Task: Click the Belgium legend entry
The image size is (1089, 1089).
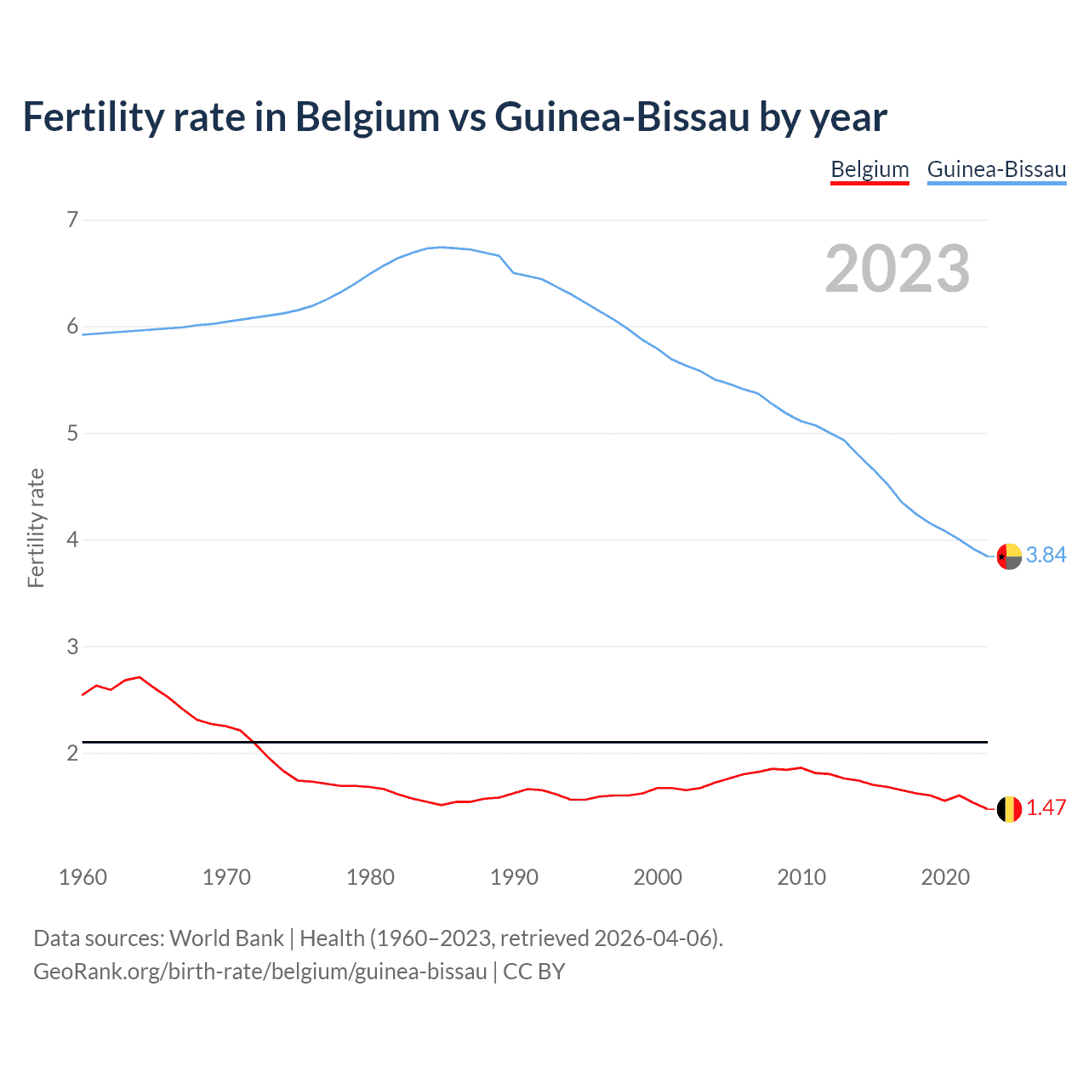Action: point(869,169)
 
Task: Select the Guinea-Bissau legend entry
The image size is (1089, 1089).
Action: point(996,169)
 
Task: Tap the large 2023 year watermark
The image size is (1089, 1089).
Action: point(897,269)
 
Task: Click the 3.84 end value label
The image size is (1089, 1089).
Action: point(1046,555)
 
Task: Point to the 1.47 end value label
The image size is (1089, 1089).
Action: point(1046,807)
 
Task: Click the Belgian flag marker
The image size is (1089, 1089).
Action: point(1009,809)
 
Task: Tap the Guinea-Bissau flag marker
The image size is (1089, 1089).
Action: point(1009,556)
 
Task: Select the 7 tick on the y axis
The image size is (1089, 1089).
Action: point(72,220)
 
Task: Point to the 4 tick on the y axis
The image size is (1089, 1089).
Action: point(72,540)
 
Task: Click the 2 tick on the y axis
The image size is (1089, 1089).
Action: point(72,753)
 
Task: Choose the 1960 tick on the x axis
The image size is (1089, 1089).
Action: point(83,877)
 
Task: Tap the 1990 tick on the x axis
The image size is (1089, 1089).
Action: point(514,877)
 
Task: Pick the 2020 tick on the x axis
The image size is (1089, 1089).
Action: point(945,877)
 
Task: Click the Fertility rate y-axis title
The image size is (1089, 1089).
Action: point(36,527)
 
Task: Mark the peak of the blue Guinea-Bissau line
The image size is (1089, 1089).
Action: point(441,247)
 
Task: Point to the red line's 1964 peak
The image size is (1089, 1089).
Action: point(140,677)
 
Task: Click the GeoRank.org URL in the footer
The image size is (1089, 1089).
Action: point(259,971)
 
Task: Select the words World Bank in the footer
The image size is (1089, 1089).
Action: point(226,938)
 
